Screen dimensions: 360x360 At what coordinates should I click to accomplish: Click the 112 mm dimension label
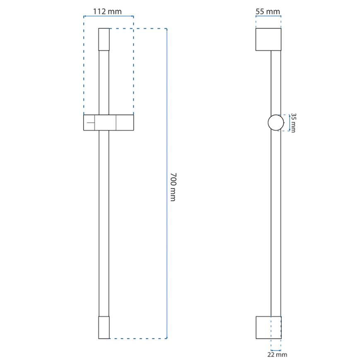point(108,11)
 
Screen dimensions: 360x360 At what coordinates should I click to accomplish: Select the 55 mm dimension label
point(268,12)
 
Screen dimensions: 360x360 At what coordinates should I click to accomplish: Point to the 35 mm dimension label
point(293,122)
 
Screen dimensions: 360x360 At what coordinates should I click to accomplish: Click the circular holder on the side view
point(276,123)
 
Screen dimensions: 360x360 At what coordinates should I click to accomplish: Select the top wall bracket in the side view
point(268,40)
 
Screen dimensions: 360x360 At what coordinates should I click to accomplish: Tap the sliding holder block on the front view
point(108,123)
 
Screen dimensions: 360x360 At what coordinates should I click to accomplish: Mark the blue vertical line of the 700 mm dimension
point(167,124)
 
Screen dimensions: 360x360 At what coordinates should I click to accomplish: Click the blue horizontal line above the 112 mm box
point(108,17)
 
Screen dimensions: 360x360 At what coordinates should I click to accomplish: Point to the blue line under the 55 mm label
point(268,17)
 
